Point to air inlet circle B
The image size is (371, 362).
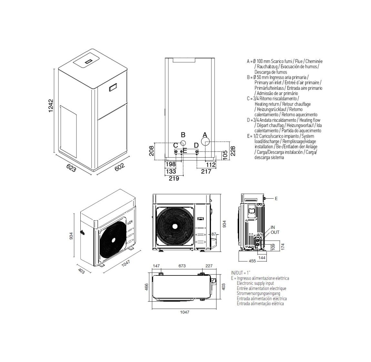pyautogui.click(x=183, y=143)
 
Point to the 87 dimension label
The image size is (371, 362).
pyautogui.click(x=214, y=234)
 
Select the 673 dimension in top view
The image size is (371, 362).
pyautogui.click(x=182, y=266)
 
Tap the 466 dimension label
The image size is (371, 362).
pyautogui.click(x=146, y=287)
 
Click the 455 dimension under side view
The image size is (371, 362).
pyautogui.click(x=252, y=260)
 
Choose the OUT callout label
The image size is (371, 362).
pyautogui.click(x=275, y=232)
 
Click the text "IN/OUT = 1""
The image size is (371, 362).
pyautogui.click(x=241, y=273)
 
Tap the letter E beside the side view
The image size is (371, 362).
pyautogui.click(x=276, y=199)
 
